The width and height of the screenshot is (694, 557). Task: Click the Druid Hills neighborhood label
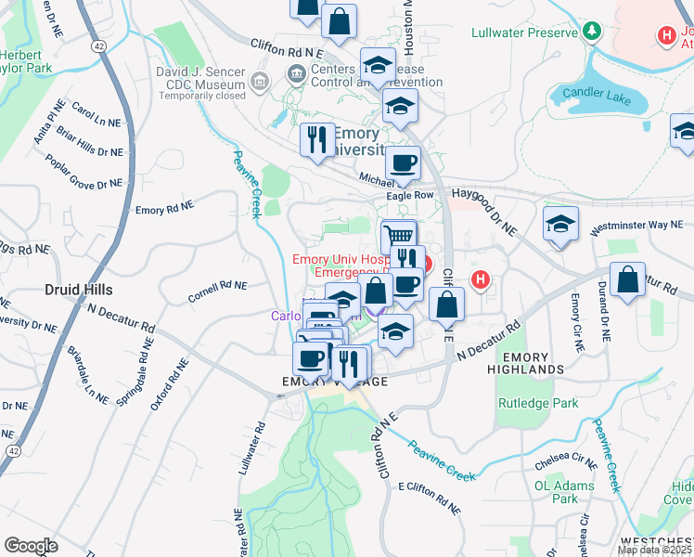coord(77,290)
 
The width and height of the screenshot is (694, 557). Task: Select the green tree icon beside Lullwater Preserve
coord(591,32)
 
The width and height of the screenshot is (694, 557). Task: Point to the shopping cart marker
coord(398,236)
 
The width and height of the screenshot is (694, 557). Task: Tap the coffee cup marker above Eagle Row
coord(403,163)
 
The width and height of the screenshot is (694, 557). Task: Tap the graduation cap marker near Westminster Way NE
coord(560,225)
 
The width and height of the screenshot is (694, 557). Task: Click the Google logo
coord(32,545)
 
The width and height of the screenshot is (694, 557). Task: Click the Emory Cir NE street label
coord(576,322)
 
